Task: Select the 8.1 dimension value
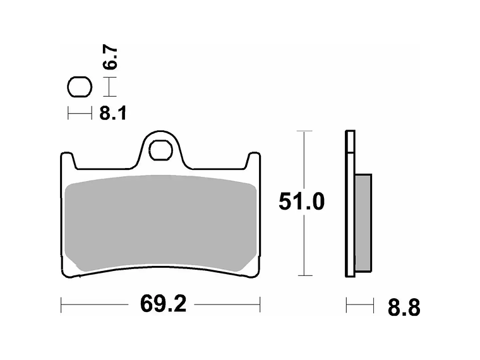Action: (113, 113)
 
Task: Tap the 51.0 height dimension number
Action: (302, 202)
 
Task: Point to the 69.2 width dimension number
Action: (163, 304)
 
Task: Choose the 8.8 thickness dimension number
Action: (403, 308)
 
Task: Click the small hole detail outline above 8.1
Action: (80, 87)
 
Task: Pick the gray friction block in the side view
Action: (363, 222)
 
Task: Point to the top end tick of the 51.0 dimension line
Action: (304, 131)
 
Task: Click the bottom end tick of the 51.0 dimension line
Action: (304, 275)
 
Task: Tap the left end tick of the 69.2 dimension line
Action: (61, 304)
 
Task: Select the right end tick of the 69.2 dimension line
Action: (260, 304)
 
